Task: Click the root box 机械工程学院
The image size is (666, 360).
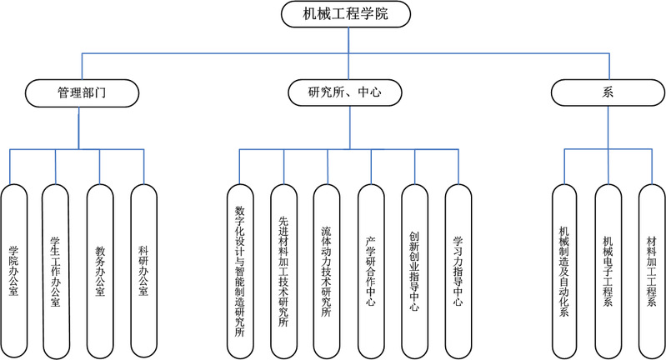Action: coord(346,12)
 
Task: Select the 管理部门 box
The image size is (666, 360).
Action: coord(81,92)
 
